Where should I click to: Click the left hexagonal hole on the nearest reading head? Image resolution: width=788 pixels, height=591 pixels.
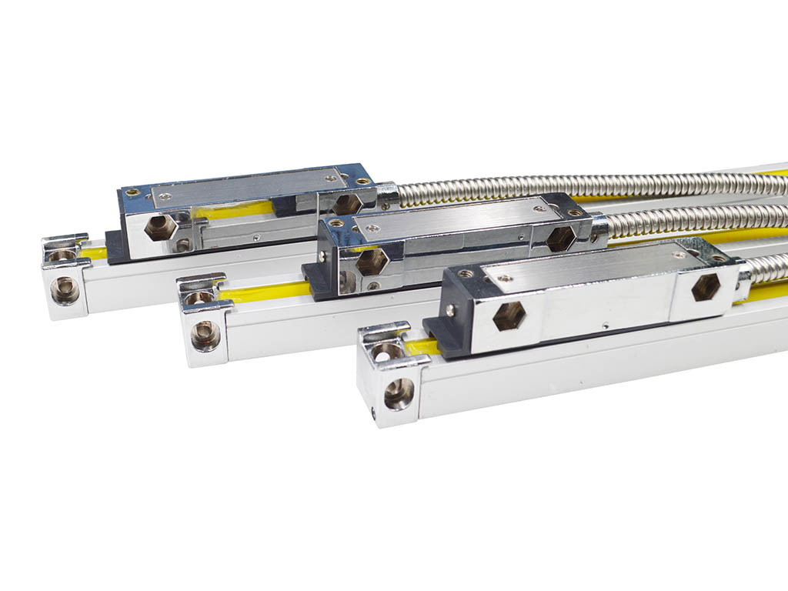(x=509, y=316)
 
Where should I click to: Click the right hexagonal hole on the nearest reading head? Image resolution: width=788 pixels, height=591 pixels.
(x=705, y=287)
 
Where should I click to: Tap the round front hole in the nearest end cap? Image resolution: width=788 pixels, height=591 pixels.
(x=399, y=393)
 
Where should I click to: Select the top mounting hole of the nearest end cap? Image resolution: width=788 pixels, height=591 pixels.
(x=386, y=351)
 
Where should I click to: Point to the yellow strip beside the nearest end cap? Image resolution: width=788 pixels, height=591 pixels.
(x=422, y=347)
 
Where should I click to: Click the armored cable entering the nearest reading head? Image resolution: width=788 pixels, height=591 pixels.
(x=766, y=267)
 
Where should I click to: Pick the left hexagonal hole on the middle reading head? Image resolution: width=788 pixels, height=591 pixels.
(x=372, y=261)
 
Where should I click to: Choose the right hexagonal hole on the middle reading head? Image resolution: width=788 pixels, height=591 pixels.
(x=560, y=239)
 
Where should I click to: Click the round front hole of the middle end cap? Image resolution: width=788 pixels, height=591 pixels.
(x=205, y=336)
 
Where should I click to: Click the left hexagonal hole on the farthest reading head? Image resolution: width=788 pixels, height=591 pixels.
(x=160, y=227)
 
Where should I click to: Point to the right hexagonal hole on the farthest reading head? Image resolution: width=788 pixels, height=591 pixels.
(x=346, y=204)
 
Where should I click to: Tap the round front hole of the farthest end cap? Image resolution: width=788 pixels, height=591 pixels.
(x=65, y=290)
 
